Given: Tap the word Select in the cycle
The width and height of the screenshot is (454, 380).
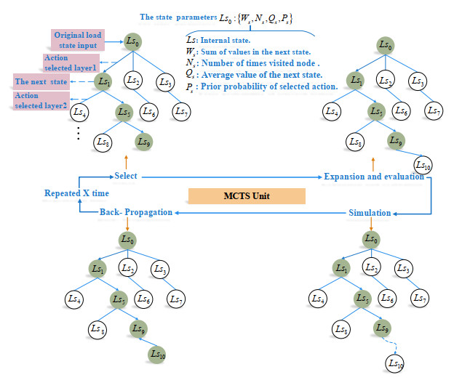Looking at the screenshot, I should [x=127, y=176].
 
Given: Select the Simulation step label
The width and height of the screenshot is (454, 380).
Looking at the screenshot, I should [x=369, y=212].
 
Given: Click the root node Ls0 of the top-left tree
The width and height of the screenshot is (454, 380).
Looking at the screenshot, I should [x=132, y=42].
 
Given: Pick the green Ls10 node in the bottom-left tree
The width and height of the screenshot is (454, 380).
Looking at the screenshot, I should [x=157, y=354].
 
